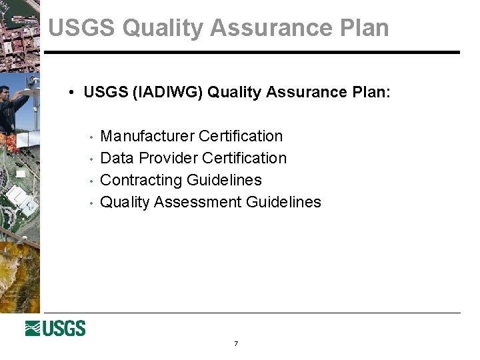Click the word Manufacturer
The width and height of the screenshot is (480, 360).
click(147, 136)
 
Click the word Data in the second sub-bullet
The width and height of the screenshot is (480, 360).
click(117, 158)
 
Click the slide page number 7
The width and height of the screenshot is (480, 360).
click(236, 344)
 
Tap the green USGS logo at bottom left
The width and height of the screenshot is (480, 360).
click(55, 328)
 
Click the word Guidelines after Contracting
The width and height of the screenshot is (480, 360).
click(224, 180)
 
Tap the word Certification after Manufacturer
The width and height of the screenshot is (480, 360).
click(241, 136)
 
